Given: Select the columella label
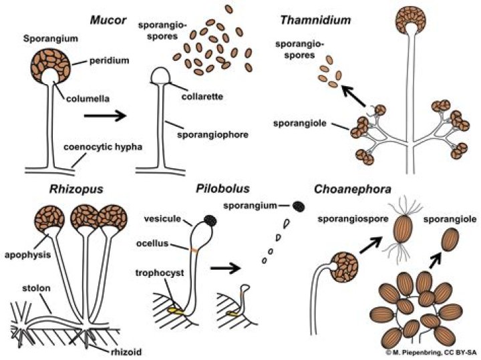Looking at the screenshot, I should tap(91, 100).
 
